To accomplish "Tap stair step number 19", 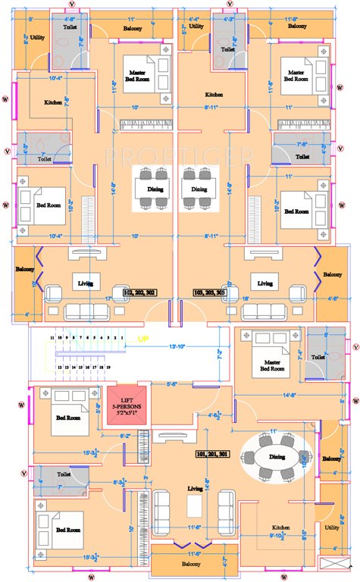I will [x=109, y=367].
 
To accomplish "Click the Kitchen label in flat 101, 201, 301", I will [x=281, y=527].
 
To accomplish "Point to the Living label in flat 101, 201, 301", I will [x=196, y=489].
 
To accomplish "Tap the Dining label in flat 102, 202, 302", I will [x=145, y=189].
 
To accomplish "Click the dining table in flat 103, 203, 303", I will [x=199, y=188].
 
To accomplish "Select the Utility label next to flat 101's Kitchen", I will [x=331, y=526].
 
